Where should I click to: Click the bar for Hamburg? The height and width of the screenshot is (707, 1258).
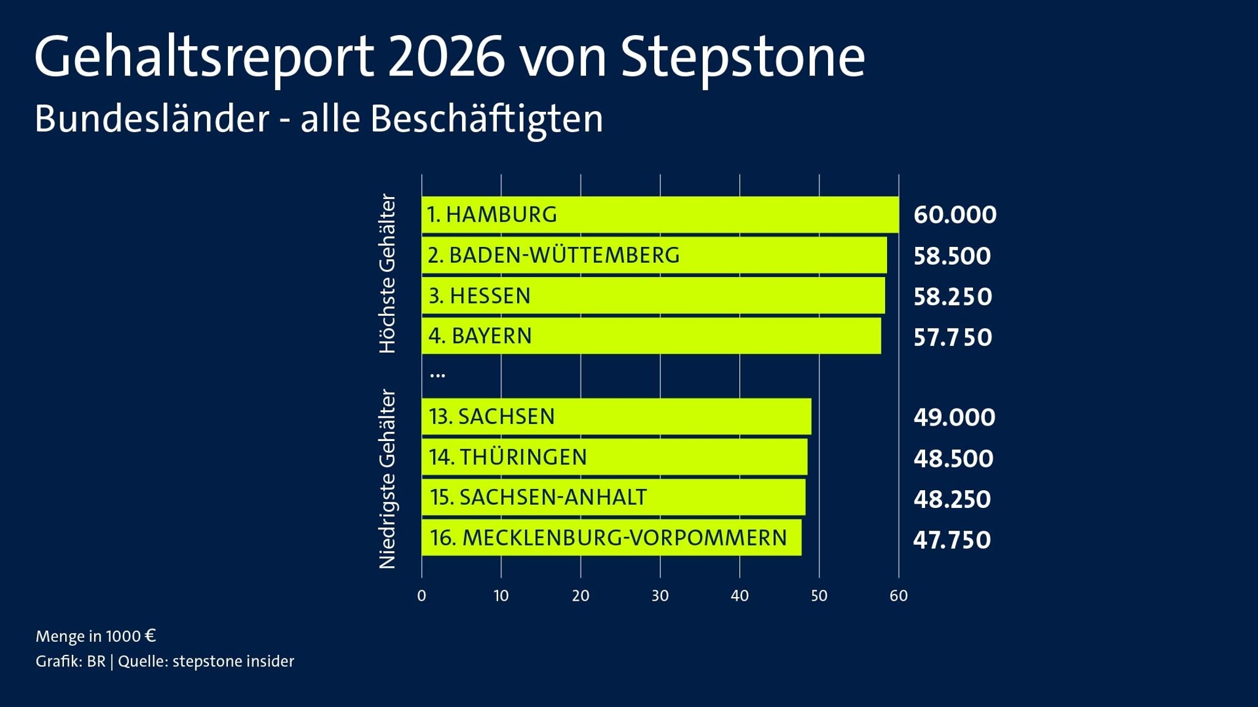tap(660, 215)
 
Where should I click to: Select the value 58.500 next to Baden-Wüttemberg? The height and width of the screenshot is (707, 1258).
tap(951, 256)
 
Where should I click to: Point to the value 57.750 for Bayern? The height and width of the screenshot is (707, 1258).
tap(952, 337)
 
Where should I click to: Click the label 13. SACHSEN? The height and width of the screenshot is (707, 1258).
tap(491, 416)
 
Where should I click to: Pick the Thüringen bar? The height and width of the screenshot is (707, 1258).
tap(614, 457)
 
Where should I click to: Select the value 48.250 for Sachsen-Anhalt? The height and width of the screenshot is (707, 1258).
tap(951, 499)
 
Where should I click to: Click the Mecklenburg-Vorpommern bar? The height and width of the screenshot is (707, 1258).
tap(611, 538)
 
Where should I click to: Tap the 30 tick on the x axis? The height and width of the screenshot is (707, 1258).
tap(660, 595)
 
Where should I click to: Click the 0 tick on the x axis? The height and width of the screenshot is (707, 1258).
tap(421, 595)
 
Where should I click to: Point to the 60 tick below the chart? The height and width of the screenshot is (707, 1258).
tap(898, 595)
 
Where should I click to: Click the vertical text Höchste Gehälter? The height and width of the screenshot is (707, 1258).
tap(388, 274)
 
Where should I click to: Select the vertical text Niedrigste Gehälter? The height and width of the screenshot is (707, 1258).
tap(388, 479)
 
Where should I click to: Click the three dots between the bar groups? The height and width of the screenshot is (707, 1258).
tap(437, 374)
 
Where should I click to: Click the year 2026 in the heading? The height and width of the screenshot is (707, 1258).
tap(447, 57)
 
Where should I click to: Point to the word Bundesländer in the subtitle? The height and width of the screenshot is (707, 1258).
tap(152, 119)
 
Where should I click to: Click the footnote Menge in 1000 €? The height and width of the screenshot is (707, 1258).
tap(96, 636)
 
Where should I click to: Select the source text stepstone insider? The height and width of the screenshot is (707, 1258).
tap(233, 662)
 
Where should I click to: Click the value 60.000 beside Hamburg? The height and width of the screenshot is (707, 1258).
tap(955, 215)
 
